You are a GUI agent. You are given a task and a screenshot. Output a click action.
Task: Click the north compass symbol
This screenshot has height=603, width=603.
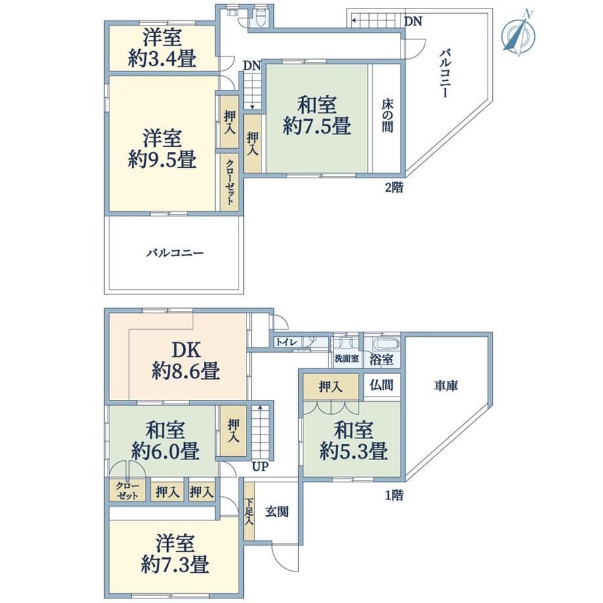point(518,34)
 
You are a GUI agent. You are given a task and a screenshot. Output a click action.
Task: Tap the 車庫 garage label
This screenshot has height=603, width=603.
point(446,385)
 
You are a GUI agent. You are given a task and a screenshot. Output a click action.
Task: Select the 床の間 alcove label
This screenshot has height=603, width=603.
point(387,116)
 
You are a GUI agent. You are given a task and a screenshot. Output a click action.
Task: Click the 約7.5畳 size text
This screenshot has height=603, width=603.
point(317,126)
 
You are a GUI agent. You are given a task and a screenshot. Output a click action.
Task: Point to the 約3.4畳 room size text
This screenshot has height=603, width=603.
point(162,58)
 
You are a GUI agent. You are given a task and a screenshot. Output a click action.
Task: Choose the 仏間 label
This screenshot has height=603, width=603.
point(381,385)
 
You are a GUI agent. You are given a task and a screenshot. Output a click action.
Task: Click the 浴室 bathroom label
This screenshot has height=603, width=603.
point(381,359)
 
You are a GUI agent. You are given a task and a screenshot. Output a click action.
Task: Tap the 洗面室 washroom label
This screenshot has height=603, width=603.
point(347,359)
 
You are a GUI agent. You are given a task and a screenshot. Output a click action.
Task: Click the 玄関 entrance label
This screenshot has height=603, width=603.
point(277,512)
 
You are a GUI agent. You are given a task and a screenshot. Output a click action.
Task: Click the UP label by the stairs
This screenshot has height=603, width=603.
point(260,467)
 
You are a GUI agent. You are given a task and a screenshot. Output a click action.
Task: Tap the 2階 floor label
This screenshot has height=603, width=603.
point(394,187)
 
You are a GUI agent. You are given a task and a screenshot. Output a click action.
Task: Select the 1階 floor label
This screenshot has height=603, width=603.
point(394,496)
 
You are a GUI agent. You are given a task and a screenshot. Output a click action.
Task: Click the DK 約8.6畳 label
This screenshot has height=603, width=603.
point(185,360)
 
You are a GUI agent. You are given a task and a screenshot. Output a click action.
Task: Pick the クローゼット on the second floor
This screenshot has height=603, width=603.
point(229,182)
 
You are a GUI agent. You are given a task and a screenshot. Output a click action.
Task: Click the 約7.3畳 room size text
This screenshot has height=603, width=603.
point(175,564)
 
